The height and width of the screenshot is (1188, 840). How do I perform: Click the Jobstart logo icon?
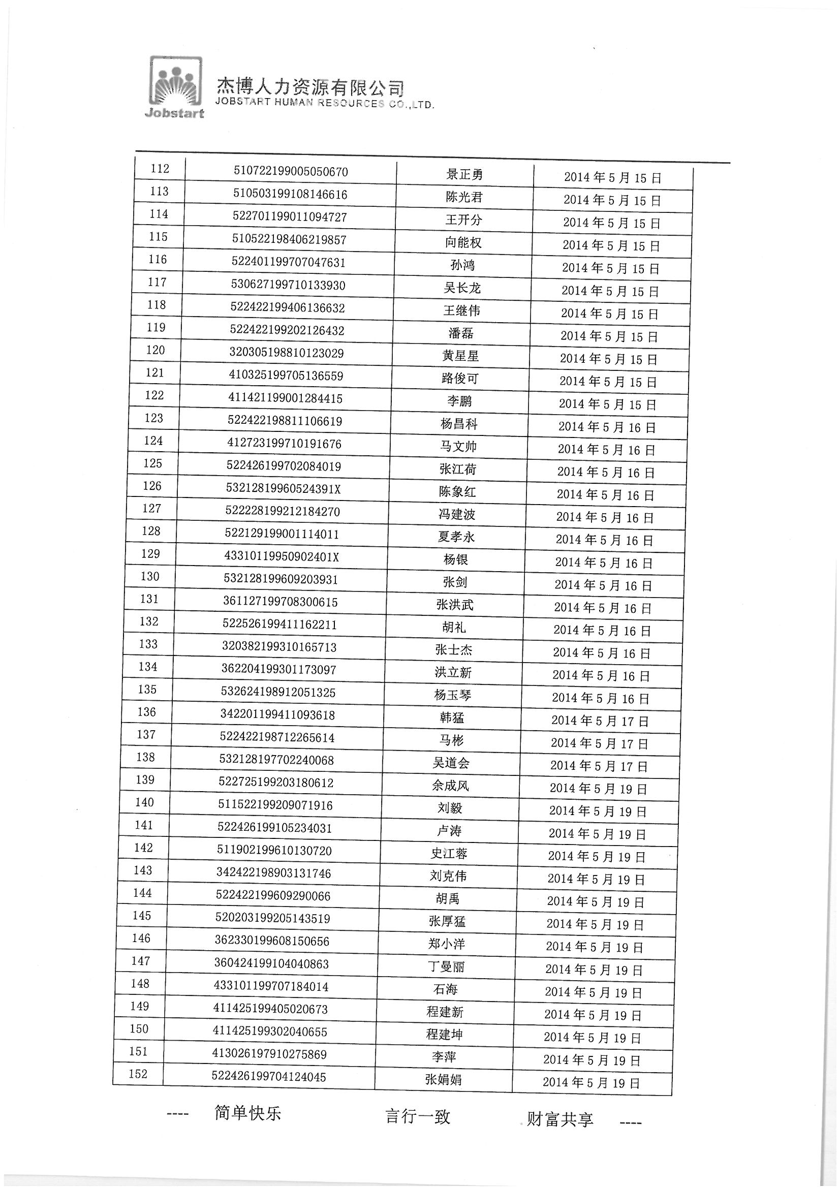click(175, 87)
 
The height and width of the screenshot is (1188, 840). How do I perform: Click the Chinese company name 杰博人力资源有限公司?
click(310, 86)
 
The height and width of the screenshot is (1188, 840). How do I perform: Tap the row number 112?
click(160, 169)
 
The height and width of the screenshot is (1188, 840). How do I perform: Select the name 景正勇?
click(464, 175)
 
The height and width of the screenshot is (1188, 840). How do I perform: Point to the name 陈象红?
click(457, 492)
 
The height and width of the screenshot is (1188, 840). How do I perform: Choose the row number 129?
click(150, 554)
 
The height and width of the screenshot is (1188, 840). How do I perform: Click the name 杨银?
click(455, 560)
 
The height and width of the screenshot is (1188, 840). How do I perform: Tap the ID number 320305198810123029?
click(287, 353)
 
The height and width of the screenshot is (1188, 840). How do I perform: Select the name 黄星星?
click(460, 356)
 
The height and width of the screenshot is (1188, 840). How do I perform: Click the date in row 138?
click(599, 766)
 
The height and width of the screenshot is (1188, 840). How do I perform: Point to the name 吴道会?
click(451, 763)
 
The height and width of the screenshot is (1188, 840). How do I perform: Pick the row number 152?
click(138, 1074)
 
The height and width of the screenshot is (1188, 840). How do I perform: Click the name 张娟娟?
click(444, 1079)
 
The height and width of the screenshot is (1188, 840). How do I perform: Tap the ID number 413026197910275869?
click(270, 1054)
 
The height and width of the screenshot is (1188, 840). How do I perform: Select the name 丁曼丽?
click(446, 966)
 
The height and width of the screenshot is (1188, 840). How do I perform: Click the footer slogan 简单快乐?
click(248, 1113)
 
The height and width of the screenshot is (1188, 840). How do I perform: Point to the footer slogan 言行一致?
click(418, 1116)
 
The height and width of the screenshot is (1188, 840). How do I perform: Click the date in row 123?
click(607, 427)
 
